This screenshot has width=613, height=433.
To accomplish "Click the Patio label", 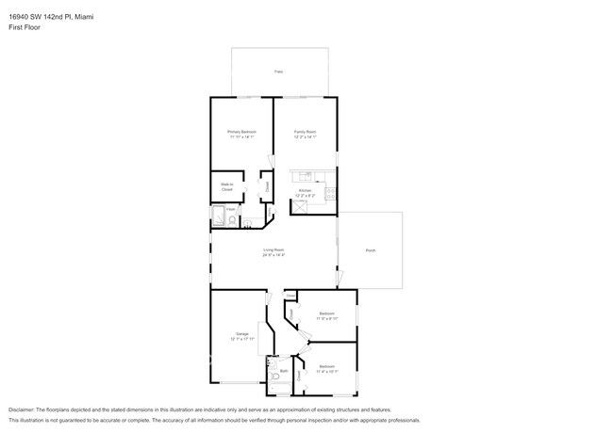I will pyautogui.click(x=278, y=72).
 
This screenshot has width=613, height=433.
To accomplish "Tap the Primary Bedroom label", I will pyautogui.click(x=241, y=132).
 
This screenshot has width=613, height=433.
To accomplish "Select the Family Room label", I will pyautogui.click(x=305, y=132).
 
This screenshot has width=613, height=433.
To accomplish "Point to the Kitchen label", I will pyautogui.click(x=305, y=190).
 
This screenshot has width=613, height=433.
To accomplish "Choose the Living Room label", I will pyautogui.click(x=273, y=249).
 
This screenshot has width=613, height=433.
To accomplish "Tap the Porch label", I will pyautogui.click(x=371, y=250).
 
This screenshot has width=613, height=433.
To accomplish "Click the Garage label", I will pyautogui.click(x=242, y=334).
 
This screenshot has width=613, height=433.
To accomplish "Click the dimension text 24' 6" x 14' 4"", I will pyautogui.click(x=273, y=255).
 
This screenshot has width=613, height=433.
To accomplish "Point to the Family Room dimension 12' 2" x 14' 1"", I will pyautogui.click(x=305, y=137).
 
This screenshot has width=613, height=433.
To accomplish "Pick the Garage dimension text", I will pyautogui.click(x=242, y=340).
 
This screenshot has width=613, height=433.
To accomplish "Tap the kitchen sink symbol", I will pyautogui.click(x=305, y=176).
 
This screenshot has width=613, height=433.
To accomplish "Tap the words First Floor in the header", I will pyautogui.click(x=25, y=27).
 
